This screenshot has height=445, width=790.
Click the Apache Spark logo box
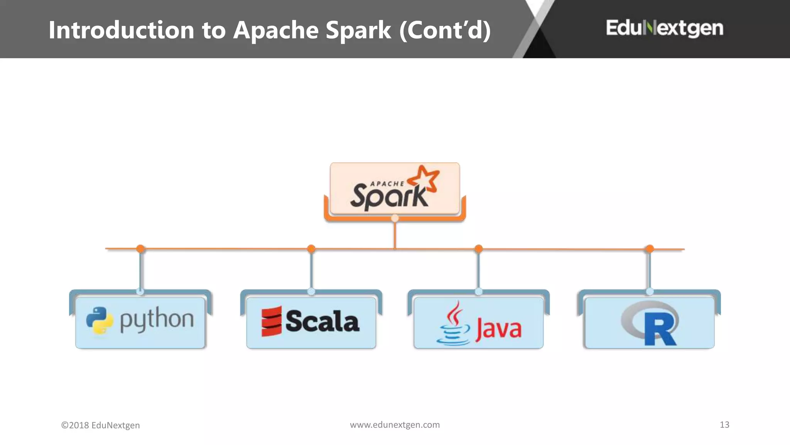[395, 189]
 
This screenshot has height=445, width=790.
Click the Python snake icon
[100, 320]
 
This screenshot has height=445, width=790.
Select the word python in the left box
[157, 320]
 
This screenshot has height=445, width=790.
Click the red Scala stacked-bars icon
[271, 321]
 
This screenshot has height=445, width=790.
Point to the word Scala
[322, 321]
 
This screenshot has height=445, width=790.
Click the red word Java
[498, 329]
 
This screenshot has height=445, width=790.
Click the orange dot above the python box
[140, 248]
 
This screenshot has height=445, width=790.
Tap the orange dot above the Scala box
[311, 248]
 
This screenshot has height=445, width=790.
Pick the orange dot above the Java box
[478, 248]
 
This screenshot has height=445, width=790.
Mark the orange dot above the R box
[650, 248]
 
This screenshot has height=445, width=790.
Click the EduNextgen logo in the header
[664, 28]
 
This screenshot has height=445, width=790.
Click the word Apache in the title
[276, 30]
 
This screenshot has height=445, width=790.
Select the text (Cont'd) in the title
[445, 30]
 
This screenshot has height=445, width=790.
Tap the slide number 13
[724, 425]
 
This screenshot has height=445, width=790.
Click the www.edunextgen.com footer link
[395, 425]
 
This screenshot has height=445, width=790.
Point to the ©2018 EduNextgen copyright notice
[100, 425]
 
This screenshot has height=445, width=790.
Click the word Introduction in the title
[121, 30]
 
